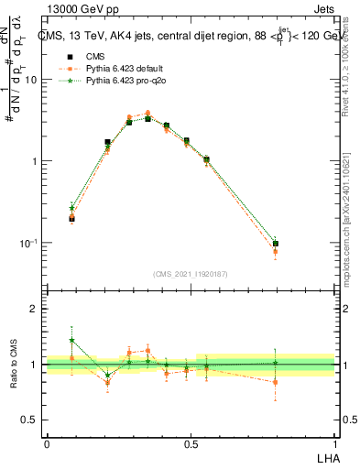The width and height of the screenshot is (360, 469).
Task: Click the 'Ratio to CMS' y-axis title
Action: click(x=13, y=365)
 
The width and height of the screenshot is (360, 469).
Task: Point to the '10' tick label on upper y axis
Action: click(x=31, y=80)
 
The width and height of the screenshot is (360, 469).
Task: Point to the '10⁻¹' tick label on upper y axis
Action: click(x=29, y=243)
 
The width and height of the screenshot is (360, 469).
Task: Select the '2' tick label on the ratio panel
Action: click(x=34, y=309)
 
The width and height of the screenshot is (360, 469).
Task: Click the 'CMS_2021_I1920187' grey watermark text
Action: click(x=190, y=272)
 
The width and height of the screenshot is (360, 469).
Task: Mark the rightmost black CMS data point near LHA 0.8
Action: click(x=276, y=245)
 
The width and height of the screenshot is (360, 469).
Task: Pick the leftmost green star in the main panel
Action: click(x=72, y=208)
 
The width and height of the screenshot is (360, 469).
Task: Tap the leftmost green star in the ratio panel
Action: click(x=72, y=340)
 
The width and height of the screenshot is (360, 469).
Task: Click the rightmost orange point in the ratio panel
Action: click(x=276, y=382)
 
